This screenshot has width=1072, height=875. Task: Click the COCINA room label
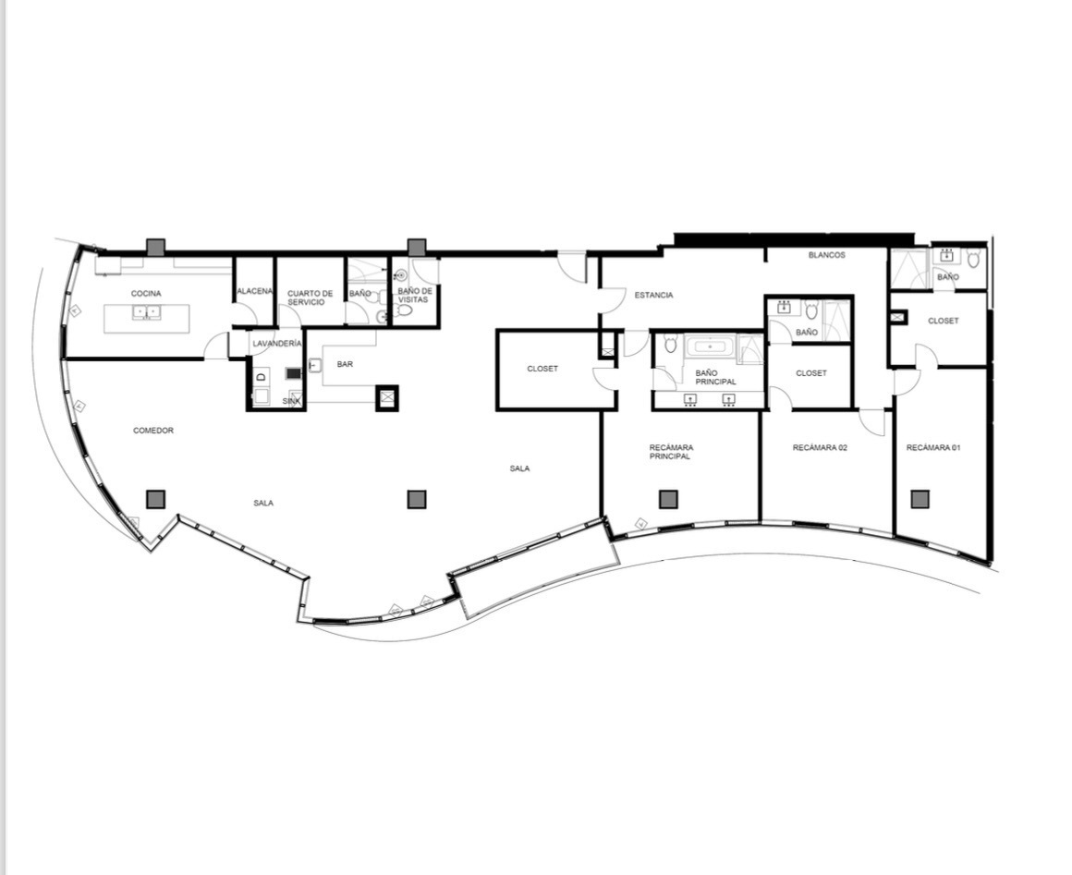point(146,293)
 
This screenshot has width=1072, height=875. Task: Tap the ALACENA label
point(254,291)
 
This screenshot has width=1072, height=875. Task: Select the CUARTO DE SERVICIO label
point(310,298)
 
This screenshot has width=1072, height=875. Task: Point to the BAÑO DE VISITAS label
point(415,296)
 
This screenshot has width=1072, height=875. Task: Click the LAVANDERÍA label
point(277,343)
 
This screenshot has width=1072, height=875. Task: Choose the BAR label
point(345,364)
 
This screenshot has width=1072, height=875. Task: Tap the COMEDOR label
point(153,430)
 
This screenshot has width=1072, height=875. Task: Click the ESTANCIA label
point(653,296)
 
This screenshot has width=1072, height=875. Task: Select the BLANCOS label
point(826,255)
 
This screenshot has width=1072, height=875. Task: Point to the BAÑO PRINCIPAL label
point(715,377)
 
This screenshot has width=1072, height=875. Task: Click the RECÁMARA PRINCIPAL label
point(671,452)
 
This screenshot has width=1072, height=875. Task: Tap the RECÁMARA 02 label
point(820,448)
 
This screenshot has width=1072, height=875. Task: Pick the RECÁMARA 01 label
point(933,448)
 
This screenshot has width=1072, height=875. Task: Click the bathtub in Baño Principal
point(711,346)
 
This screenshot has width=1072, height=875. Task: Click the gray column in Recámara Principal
point(668,499)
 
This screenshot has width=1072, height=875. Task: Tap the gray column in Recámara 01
point(920,499)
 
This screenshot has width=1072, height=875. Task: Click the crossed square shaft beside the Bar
point(387,397)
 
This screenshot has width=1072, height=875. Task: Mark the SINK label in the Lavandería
point(291,401)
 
